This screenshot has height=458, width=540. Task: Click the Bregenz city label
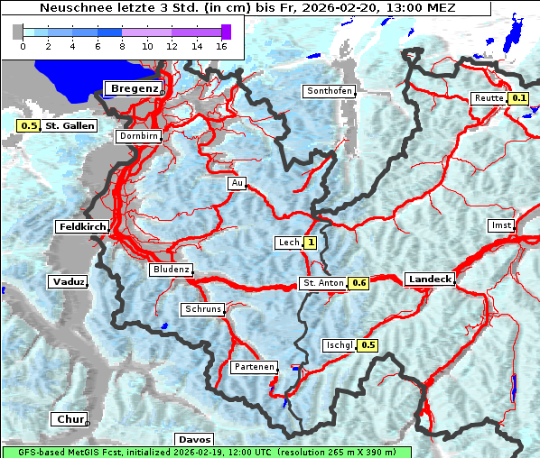135,88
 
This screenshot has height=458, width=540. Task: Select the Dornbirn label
139,136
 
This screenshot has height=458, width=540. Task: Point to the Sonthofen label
330,91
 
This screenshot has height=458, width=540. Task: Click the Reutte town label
488,98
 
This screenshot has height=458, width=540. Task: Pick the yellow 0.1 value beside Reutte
518,98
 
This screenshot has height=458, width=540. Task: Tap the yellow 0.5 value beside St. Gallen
28,126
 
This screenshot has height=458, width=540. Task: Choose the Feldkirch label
82,227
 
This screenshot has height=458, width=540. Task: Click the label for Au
237,183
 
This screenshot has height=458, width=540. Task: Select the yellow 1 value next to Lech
311,243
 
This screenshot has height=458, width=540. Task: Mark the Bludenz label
172,270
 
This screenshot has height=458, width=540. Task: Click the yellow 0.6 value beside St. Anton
359,283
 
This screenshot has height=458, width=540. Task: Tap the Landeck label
430,279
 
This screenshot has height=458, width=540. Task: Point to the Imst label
499,224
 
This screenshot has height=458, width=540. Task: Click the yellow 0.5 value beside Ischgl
368,345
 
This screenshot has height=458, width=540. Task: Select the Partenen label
254,367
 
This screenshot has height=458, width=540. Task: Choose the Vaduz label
69,282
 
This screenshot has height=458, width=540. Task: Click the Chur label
70,419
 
